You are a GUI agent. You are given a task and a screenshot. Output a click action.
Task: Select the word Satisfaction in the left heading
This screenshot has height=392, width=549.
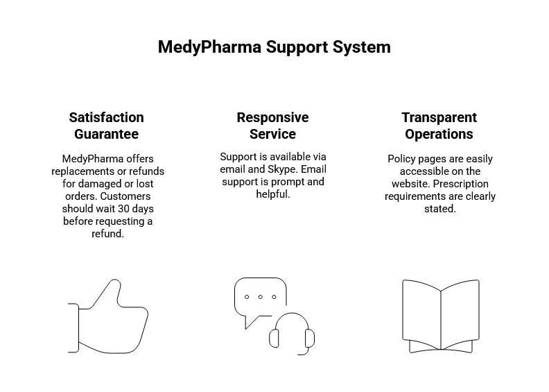tap(107, 117)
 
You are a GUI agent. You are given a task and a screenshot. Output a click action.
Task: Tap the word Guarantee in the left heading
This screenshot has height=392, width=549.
tap(107, 134)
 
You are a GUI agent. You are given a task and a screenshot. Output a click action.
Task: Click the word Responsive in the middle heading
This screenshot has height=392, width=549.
tap(272, 117)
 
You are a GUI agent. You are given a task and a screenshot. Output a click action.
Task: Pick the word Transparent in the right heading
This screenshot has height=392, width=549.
tap(439, 117)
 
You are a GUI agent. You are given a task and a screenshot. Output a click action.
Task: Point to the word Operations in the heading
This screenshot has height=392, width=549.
tap(439, 134)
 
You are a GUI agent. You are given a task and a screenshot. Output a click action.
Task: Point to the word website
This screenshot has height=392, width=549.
tap(412, 184)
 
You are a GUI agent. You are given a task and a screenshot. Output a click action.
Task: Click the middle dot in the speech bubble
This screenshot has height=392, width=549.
tap(260, 297)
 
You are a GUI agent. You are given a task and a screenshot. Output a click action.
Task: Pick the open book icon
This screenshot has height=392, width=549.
tap(440, 316)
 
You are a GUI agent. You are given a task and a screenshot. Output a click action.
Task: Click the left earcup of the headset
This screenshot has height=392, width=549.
tap(274, 338)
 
